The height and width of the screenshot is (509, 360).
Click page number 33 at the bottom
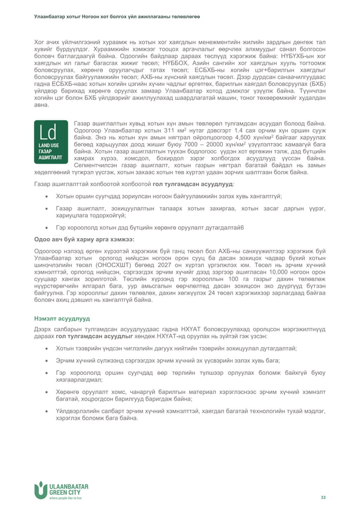(x=323, y=497)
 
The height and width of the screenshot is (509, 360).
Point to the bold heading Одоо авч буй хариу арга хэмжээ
(x=84, y=239)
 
